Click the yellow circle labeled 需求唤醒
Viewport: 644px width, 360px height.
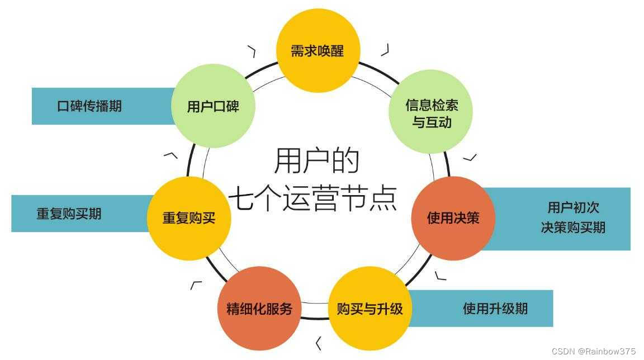pyautogui.click(x=318, y=51)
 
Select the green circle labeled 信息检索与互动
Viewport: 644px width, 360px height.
pyautogui.click(x=431, y=112)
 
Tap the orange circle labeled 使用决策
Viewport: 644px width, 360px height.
pyautogui.click(x=453, y=218)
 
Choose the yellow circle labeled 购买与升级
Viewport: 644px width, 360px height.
pyautogui.click(x=370, y=308)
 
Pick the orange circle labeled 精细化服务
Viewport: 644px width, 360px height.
pyautogui.click(x=259, y=308)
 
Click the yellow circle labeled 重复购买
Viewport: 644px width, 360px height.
pyautogui.click(x=189, y=218)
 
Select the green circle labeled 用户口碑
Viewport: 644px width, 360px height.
pyautogui.click(x=213, y=106)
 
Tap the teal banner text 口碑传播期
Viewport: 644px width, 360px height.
pyautogui.click(x=89, y=106)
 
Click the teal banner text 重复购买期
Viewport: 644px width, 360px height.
pyautogui.click(x=69, y=214)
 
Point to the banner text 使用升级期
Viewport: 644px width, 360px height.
pyautogui.click(x=495, y=308)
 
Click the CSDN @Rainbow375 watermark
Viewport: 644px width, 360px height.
pyautogui.click(x=593, y=351)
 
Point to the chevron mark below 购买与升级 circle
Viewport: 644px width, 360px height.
pyautogui.click(x=319, y=343)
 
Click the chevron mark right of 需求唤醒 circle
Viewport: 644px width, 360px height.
pyautogui.click(x=385, y=50)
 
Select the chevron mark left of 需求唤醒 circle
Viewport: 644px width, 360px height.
pyautogui.click(x=252, y=51)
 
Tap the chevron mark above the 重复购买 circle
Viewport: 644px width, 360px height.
pyautogui.click(x=171, y=155)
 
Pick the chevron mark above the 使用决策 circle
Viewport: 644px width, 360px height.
pyautogui.click(x=471, y=157)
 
